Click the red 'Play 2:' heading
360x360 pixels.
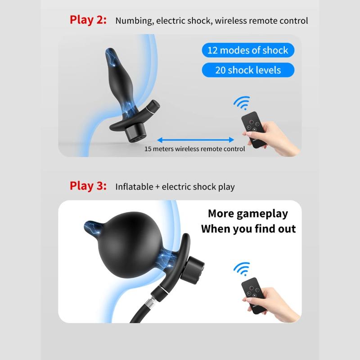[88, 20]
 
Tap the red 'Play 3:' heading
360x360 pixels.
[88, 186]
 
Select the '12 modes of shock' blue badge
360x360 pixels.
[248, 50]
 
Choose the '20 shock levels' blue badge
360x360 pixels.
[248, 70]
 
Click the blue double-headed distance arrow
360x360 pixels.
[196, 139]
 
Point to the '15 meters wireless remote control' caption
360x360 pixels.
[195, 149]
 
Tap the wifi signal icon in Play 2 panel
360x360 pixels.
[242, 103]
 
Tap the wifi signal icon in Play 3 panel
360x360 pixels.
[242, 269]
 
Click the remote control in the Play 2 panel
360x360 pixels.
[254, 130]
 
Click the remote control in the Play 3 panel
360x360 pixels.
[254, 296]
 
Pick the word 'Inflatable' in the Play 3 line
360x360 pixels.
[134, 187]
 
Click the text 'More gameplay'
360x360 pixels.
[248, 214]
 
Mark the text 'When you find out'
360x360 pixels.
[248, 229]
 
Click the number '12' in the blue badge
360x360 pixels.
[212, 50]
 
